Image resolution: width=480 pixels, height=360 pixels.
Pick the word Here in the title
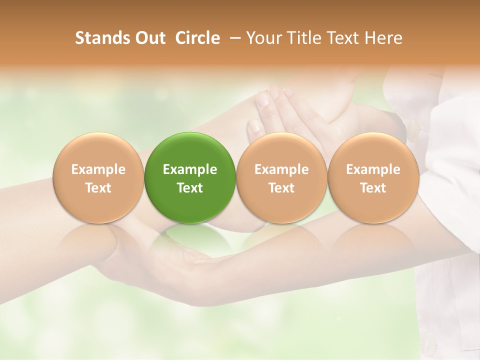[x=383, y=38]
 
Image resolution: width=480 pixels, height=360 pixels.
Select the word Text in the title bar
[x=343, y=38]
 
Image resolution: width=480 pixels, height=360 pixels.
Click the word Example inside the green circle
[x=190, y=169]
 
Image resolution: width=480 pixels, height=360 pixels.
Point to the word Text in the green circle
[x=190, y=188]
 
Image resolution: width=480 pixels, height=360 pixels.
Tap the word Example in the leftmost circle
[x=98, y=169]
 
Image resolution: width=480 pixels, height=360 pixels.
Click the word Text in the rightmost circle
[x=373, y=188]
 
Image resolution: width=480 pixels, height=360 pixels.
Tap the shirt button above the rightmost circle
[x=413, y=131]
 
